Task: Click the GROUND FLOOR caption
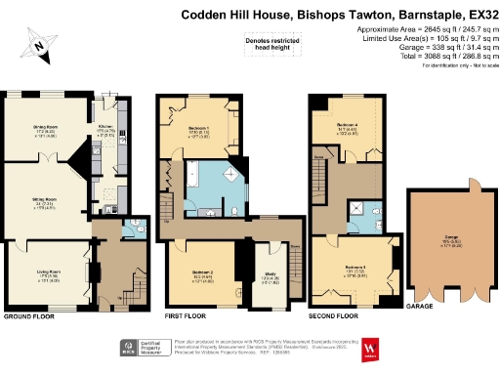29,317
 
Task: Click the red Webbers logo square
369,351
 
